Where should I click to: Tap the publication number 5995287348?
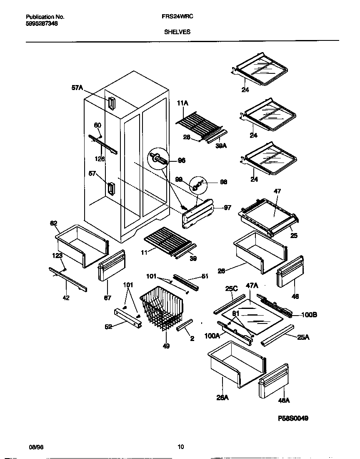42,24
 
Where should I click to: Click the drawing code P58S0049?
293,419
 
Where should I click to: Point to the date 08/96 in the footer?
36,447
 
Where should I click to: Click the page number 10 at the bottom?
180,447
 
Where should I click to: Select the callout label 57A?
77,88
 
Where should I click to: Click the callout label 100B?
309,315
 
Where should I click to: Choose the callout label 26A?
222,398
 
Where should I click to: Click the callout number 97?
227,208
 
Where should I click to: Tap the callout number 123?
57,256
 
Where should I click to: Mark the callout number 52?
109,327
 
